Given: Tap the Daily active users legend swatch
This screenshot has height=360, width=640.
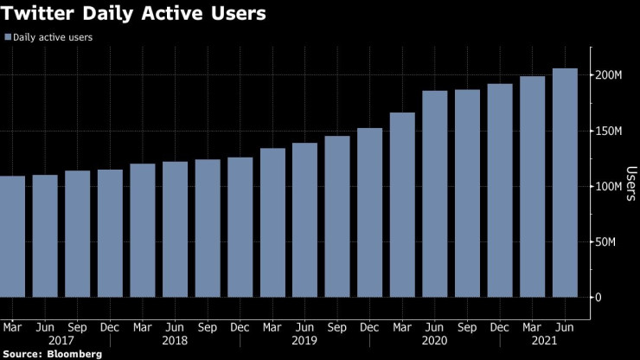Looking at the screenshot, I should (x=8, y=38).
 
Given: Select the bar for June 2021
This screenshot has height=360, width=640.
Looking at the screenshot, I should (x=565, y=183).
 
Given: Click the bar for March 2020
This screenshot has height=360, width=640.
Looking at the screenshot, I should (x=402, y=204).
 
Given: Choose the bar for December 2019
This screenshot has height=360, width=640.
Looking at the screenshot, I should (x=369, y=212).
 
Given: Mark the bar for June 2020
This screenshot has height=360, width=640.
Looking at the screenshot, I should (x=435, y=194).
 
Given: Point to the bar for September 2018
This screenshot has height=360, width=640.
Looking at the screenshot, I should (x=208, y=228).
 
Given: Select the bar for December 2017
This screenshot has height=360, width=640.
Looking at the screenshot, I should (x=110, y=233).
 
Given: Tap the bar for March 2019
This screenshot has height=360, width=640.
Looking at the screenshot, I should (x=272, y=222).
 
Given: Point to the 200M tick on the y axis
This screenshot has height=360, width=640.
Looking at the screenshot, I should (x=608, y=75).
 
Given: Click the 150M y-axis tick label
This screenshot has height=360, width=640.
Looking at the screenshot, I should (x=608, y=131).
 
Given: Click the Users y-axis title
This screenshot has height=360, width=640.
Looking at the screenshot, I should (x=630, y=183).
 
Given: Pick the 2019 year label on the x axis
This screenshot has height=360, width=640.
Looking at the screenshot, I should (x=304, y=340).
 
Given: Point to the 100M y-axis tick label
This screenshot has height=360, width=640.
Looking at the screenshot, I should (x=608, y=186).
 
